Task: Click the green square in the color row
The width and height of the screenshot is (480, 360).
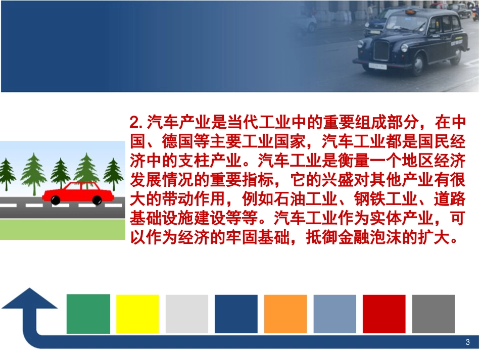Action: coord(88,314)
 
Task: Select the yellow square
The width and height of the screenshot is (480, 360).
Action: coord(137,314)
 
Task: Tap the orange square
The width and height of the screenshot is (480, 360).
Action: coord(285,314)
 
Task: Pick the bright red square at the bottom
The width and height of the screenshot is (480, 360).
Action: coord(384,314)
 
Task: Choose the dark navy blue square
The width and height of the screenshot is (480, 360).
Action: coord(236,314)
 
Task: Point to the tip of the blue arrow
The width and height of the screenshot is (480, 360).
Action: coord(29,290)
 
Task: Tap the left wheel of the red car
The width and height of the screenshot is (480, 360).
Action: coord(56,200)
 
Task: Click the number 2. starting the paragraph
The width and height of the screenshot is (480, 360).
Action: coord(136,123)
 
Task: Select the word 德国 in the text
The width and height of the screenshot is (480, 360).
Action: coord(178,142)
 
